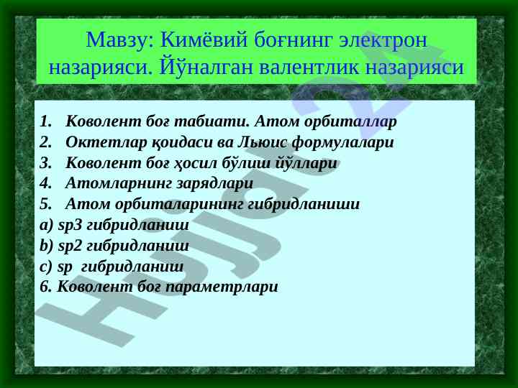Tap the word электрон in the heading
383,40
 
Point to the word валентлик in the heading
309,68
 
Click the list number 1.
46,121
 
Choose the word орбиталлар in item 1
350,121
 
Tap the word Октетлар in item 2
106,142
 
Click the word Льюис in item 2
263,142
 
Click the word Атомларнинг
119,184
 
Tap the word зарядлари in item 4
215,184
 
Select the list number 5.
46,204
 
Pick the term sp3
69,226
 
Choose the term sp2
69,246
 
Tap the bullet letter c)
46,267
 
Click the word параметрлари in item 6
222,287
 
